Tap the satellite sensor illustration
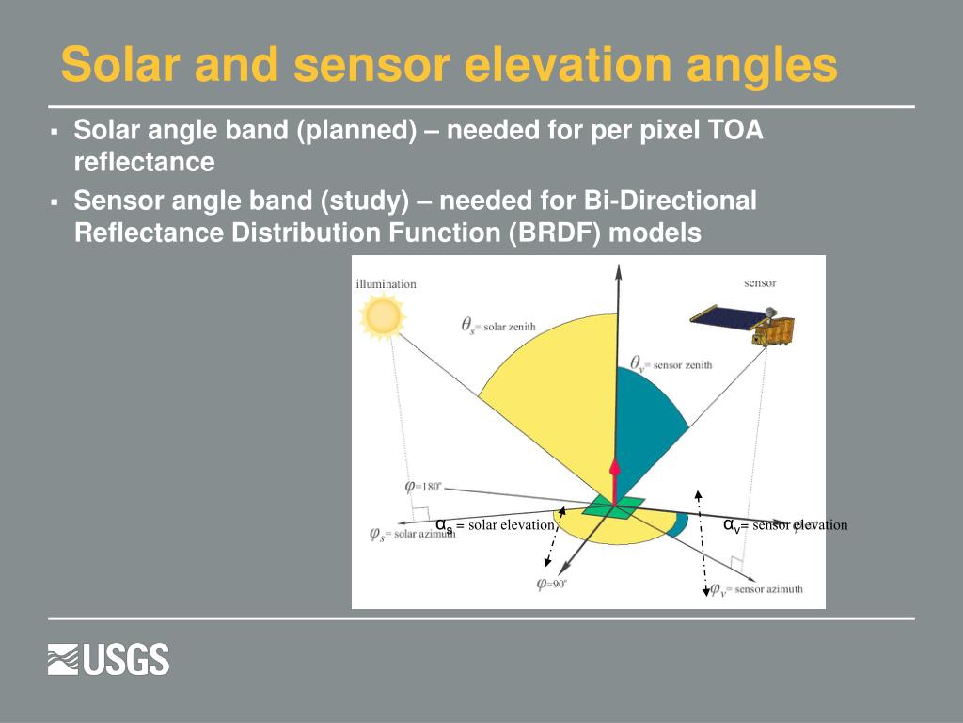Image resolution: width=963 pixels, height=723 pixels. pos(745,323)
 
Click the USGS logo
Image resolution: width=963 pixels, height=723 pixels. pos(109,659)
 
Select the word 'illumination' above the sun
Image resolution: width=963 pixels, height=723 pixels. pos(386,284)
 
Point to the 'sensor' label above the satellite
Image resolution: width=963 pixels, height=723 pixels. pos(760,282)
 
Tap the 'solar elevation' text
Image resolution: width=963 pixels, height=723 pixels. pos(511,525)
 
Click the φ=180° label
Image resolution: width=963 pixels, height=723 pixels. pos(422,487)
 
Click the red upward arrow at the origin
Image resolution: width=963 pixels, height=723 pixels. pos(615,480)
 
